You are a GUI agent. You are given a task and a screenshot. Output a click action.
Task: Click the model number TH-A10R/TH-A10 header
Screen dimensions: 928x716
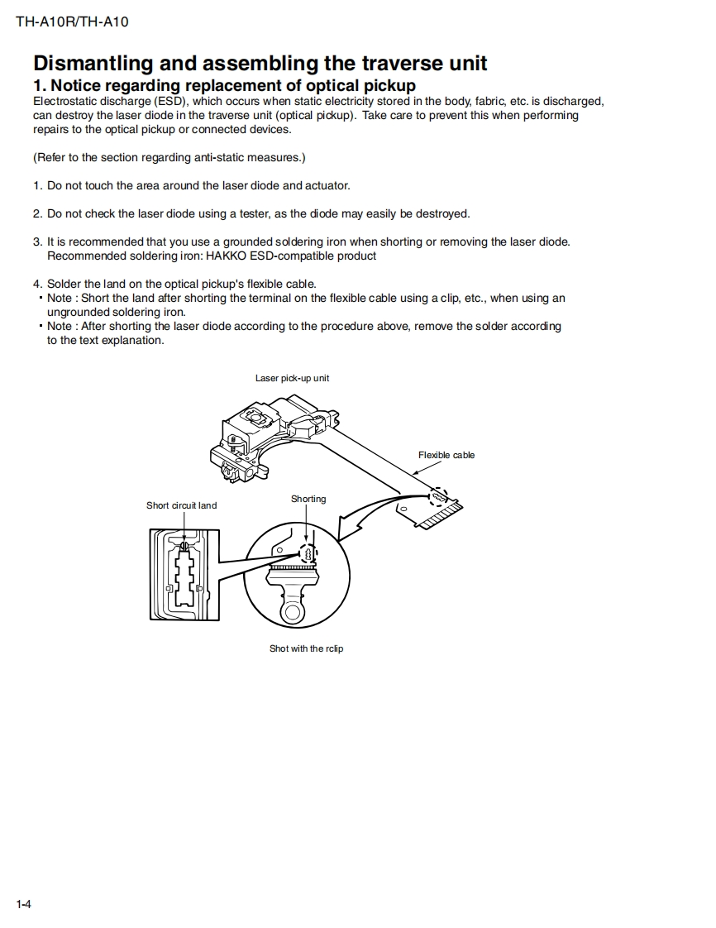pos(72,22)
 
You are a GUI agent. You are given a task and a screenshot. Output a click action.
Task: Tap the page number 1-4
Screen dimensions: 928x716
pos(23,903)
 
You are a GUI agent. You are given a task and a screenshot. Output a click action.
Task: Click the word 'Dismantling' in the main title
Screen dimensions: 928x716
pos(93,64)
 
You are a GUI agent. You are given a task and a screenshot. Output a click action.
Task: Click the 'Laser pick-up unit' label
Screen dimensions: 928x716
pos(292,378)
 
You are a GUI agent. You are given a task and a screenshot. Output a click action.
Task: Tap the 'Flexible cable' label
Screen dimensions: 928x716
pos(446,455)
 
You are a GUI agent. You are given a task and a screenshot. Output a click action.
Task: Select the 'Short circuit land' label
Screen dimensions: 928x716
pos(181,505)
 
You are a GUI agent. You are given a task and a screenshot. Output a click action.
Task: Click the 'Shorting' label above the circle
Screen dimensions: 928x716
pos(308,499)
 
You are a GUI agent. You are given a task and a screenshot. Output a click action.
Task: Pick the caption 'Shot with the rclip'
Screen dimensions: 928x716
pos(306,648)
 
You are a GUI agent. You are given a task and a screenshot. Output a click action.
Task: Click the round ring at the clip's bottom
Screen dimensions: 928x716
pos(292,612)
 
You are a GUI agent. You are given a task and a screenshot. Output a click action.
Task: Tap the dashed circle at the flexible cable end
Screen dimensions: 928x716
pos(439,497)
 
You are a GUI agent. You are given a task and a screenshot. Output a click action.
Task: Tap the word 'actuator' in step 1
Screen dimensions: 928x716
pos(327,185)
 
